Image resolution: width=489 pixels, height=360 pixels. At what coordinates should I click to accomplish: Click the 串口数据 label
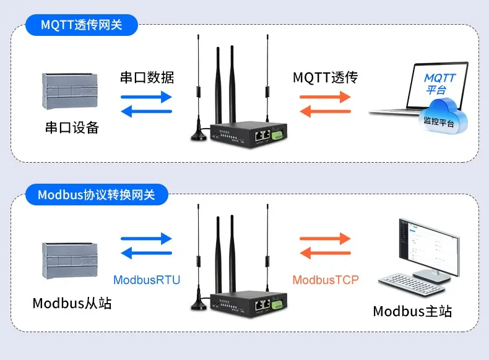coord(147,77)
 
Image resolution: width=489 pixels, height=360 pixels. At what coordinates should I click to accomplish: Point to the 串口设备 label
coord(72,128)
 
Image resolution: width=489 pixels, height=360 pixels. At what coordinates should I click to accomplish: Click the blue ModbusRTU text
coord(147,280)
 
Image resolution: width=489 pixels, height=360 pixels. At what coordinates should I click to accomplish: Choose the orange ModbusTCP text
coord(326,280)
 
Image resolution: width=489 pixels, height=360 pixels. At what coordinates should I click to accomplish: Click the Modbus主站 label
coord(412,311)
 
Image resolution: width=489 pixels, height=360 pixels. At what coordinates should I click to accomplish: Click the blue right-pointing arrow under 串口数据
coord(146,96)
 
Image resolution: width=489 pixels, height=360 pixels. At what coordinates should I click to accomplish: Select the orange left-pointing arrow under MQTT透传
coord(325,111)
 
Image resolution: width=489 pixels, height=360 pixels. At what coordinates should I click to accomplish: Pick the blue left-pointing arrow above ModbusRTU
coord(146,254)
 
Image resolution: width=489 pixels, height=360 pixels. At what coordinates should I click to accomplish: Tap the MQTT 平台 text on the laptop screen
coord(440,84)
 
